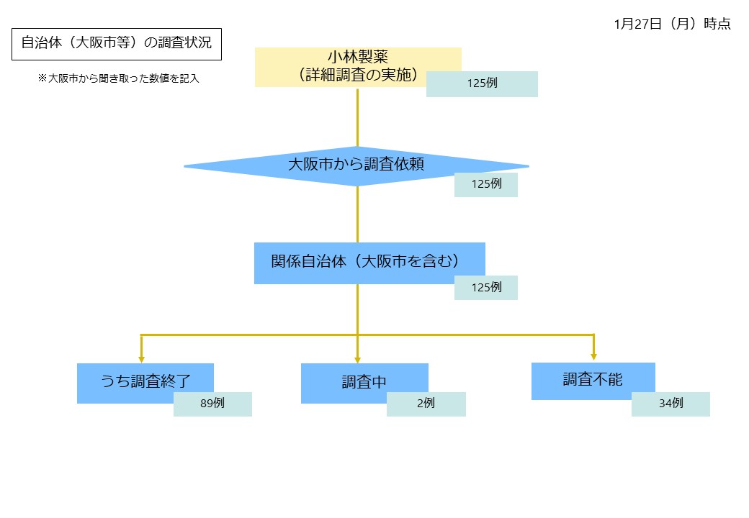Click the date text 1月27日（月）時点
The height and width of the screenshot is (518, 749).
tap(672, 24)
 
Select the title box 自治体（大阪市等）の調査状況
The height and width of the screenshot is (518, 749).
tap(116, 43)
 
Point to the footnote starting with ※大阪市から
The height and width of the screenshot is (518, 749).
tap(118, 79)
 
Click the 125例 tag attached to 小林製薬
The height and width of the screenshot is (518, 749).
tap(482, 83)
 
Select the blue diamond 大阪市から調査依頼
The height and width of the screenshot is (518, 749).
tap(338, 165)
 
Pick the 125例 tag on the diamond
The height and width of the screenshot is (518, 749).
tap(486, 184)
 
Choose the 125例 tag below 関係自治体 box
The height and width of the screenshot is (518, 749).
tap(486, 287)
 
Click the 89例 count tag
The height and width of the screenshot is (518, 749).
tap(212, 404)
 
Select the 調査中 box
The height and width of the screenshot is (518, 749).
tap(353, 381)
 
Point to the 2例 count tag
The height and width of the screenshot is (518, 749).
tap(426, 404)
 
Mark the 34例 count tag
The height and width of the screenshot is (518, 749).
tap(670, 404)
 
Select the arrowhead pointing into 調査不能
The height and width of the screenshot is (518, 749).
tap(593, 355)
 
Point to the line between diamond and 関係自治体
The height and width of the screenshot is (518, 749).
tap(357, 214)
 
